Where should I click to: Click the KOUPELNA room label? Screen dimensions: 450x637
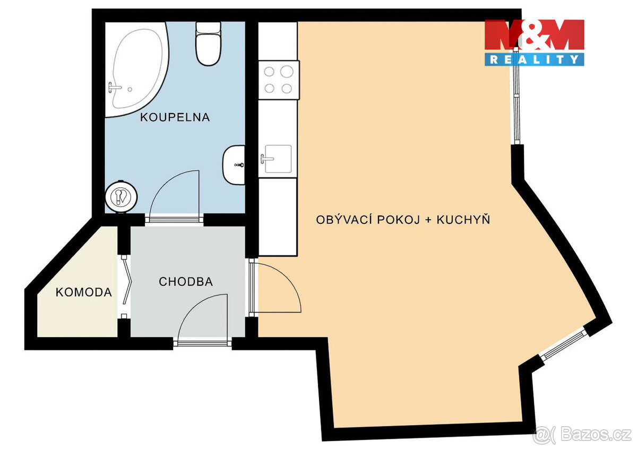(x=175, y=117)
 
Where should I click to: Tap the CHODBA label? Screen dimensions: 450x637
(x=186, y=282)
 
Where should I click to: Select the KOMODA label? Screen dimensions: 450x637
(x=84, y=292)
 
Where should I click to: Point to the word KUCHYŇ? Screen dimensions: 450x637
(x=463, y=219)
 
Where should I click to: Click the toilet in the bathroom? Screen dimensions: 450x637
(x=208, y=45)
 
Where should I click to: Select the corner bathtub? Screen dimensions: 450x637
(x=136, y=69)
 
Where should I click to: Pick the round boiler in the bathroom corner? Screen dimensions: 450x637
(x=122, y=197)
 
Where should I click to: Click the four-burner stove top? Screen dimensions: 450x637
(x=279, y=80)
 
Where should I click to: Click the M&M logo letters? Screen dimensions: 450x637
(x=534, y=36)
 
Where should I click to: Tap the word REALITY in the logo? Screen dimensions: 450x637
(x=534, y=59)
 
